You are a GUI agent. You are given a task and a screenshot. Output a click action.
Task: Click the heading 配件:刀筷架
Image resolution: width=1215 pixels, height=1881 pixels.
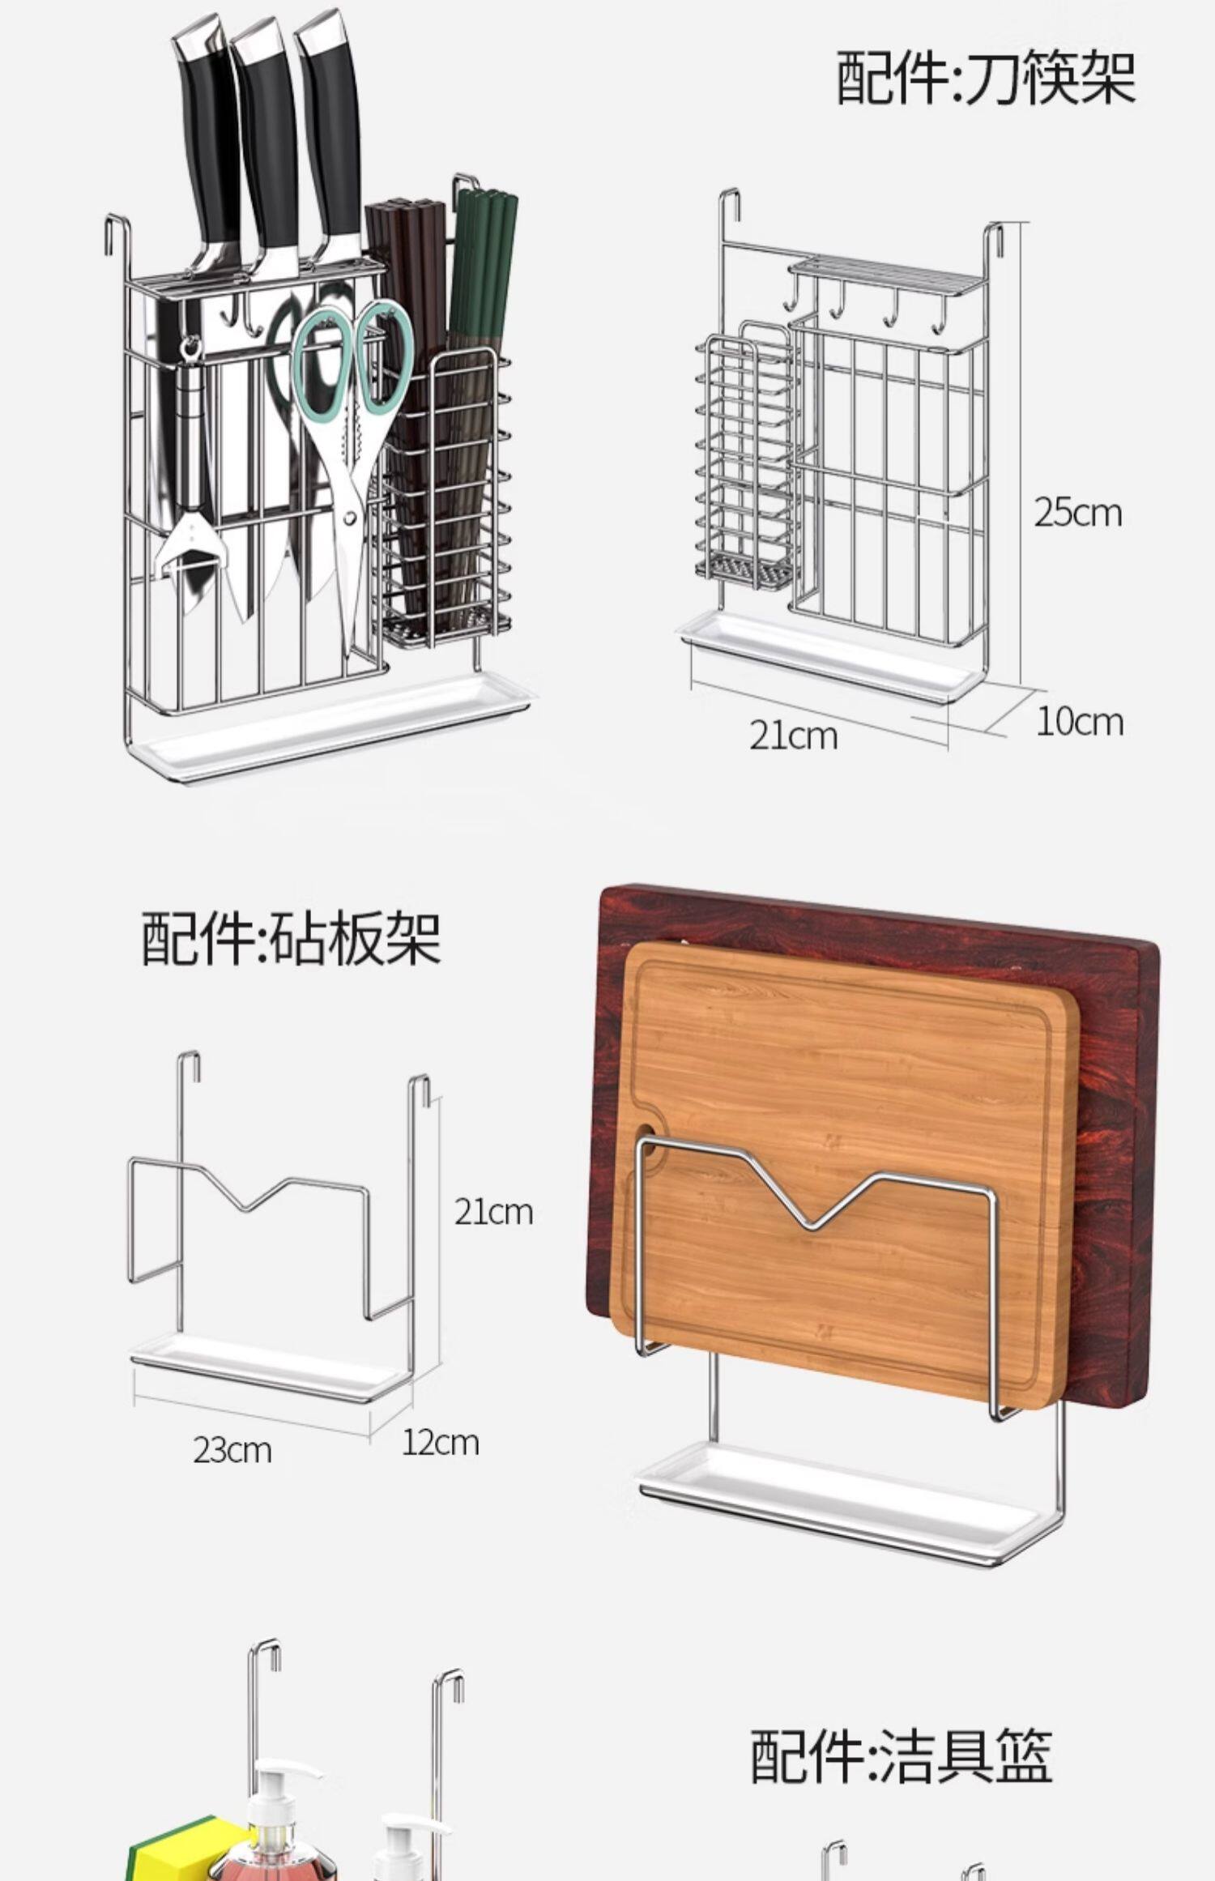coord(985,78)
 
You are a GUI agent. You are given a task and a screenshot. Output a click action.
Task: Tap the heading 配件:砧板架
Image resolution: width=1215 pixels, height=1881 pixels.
coord(292,938)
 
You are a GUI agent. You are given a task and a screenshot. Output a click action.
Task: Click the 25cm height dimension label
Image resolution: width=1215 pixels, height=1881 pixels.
coord(1077,513)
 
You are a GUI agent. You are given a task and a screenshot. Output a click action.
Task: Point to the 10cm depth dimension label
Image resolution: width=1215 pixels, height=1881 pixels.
coord(1079,722)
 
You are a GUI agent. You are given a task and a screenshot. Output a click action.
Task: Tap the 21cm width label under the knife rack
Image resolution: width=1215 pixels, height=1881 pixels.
coord(792,736)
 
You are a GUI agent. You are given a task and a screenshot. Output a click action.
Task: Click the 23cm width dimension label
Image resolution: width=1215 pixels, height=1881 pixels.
coord(232,1450)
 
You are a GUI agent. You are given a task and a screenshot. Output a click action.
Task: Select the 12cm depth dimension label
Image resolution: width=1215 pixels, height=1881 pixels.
coord(440,1443)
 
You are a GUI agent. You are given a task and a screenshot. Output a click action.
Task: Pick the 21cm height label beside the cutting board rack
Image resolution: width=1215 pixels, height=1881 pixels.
coord(493,1212)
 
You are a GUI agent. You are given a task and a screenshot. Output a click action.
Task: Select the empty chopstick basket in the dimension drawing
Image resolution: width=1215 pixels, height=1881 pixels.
coord(745,462)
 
